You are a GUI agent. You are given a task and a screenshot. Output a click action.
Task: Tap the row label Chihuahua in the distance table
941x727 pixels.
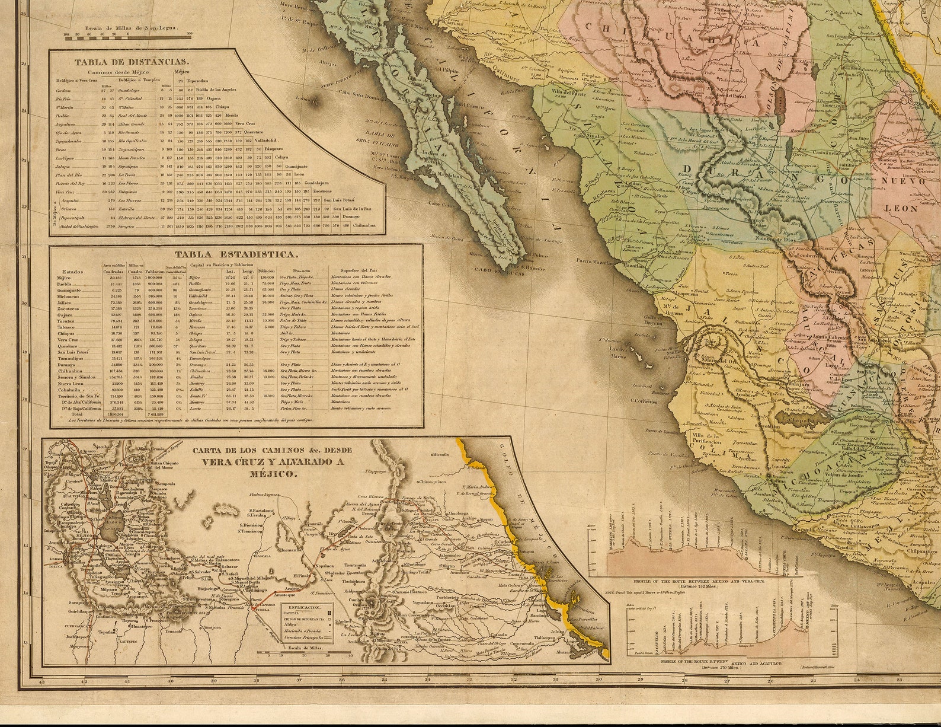pos(363,227)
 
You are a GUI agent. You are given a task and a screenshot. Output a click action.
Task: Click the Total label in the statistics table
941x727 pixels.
pos(77,414)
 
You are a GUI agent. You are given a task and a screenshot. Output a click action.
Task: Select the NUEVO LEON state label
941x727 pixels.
pos(900,195)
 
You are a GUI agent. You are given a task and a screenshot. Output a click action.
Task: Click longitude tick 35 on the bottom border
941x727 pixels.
pos(385,680)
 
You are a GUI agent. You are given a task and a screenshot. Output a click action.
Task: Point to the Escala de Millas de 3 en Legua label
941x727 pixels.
pos(127,28)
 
